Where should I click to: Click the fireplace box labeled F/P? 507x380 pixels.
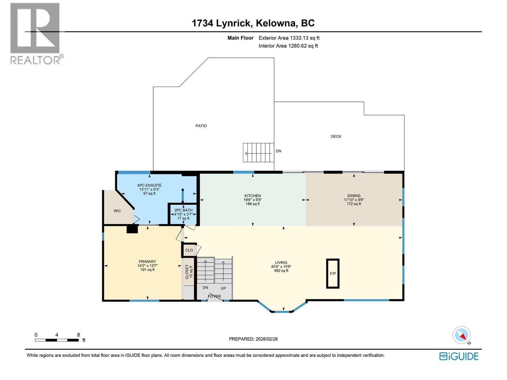coord(333,274)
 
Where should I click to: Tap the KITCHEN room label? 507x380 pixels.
coord(253,196)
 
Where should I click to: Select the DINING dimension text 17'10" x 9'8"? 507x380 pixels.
coord(354,200)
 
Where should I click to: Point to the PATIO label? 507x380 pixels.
coord(201,126)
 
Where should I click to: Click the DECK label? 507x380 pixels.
coord(336,136)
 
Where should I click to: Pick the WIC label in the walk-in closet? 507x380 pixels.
coord(117,211)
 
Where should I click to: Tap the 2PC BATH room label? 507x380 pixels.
coord(183,210)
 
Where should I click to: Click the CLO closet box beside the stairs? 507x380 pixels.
coord(189,250)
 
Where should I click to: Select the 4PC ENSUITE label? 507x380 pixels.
coord(149,185)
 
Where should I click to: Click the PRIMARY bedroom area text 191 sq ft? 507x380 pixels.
coord(147,270)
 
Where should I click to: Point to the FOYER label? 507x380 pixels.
coord(215,296)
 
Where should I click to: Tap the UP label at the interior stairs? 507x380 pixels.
coord(223,288)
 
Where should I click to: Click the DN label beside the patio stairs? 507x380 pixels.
coord(279,151)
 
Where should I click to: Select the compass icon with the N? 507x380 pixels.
coord(462,335)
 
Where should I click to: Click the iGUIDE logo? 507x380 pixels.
coord(459,356)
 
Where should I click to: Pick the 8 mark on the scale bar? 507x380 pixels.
coord(78,335)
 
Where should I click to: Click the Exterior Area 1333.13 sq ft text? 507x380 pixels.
coord(289,38)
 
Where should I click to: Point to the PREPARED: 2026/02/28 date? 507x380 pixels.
coord(253,339)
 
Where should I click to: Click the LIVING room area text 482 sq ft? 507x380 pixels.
coord(281,271)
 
